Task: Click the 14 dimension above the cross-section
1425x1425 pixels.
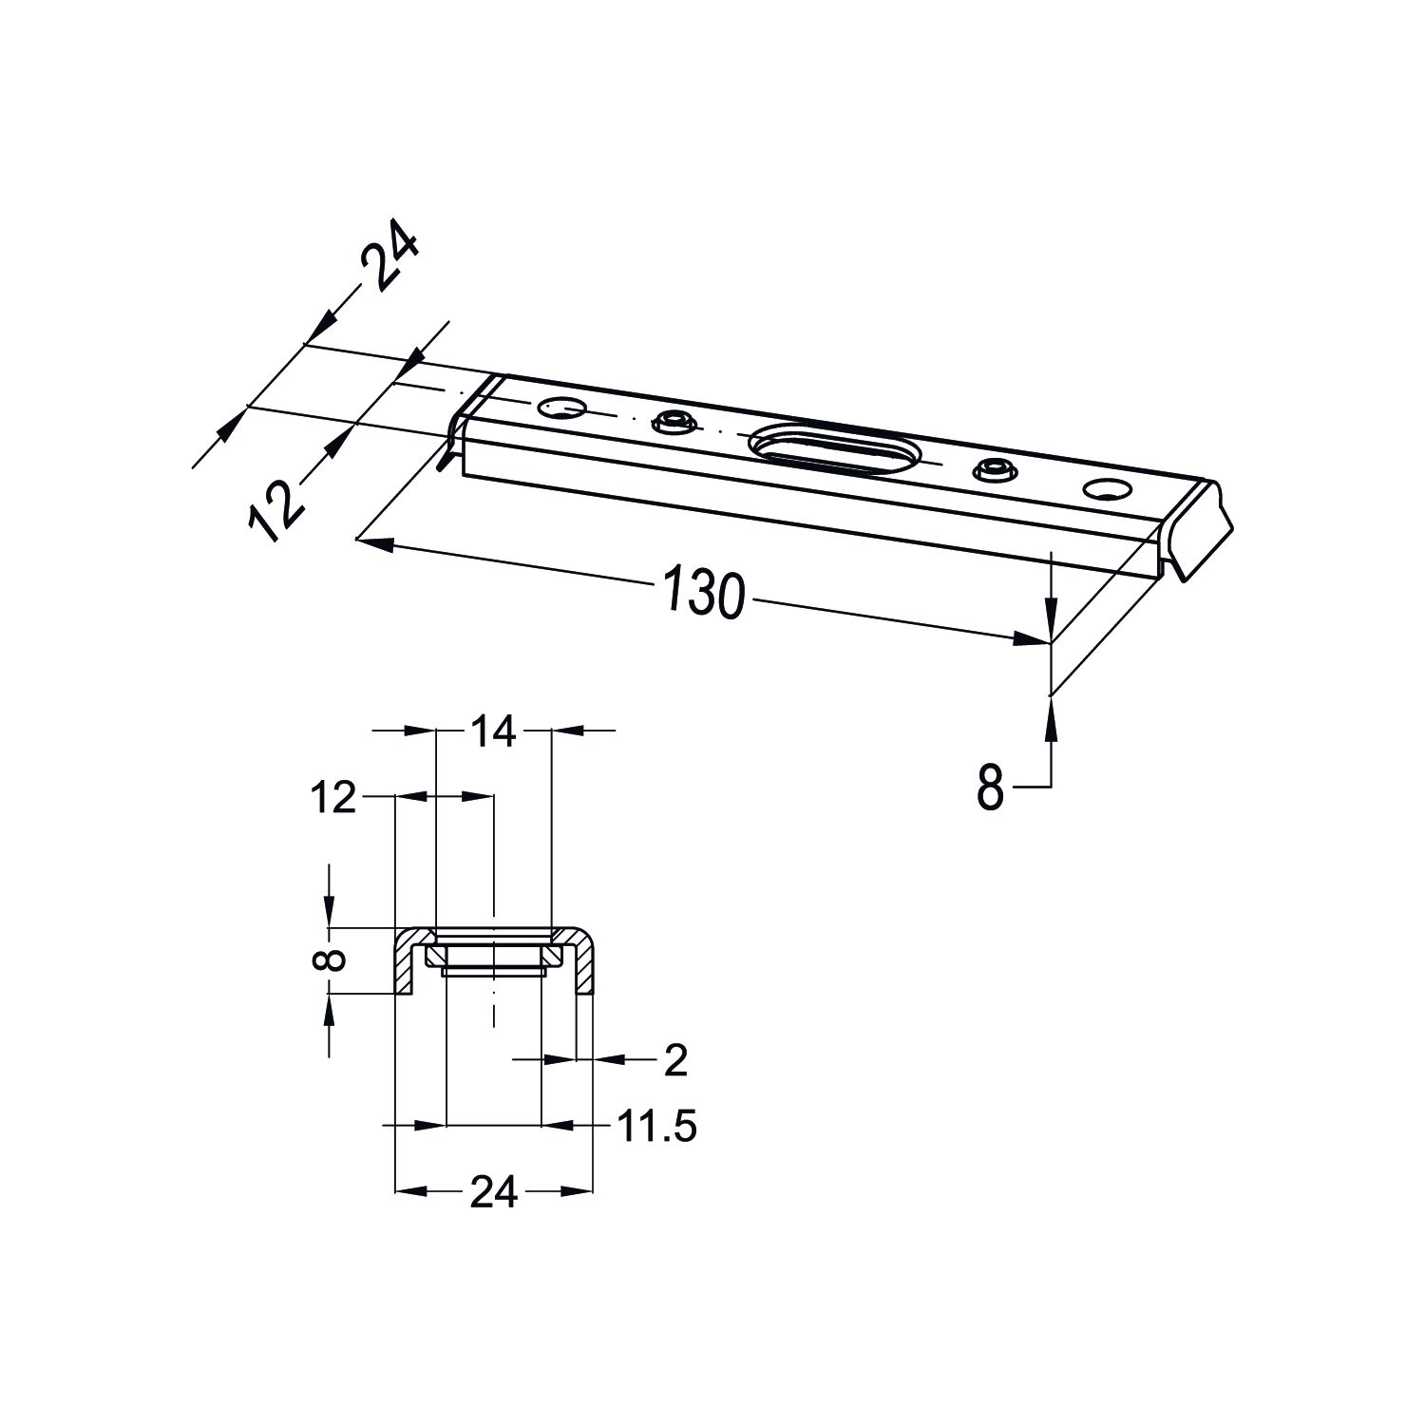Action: pos(491,731)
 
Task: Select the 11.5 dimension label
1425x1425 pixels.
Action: pos(657,1127)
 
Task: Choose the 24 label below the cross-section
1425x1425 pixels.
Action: pos(494,1191)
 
